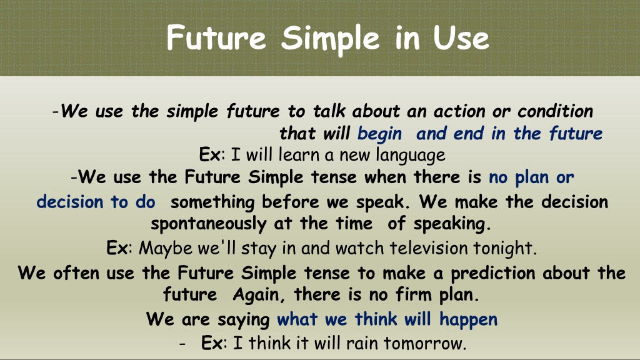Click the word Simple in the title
tap(331, 39)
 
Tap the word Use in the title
tap(461, 38)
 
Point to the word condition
tap(556, 111)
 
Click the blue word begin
tap(379, 134)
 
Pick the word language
tap(411, 156)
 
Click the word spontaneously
tap(209, 224)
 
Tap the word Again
tap(258, 295)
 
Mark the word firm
tap(414, 294)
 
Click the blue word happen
tap(468, 320)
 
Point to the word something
tap(212, 202)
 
